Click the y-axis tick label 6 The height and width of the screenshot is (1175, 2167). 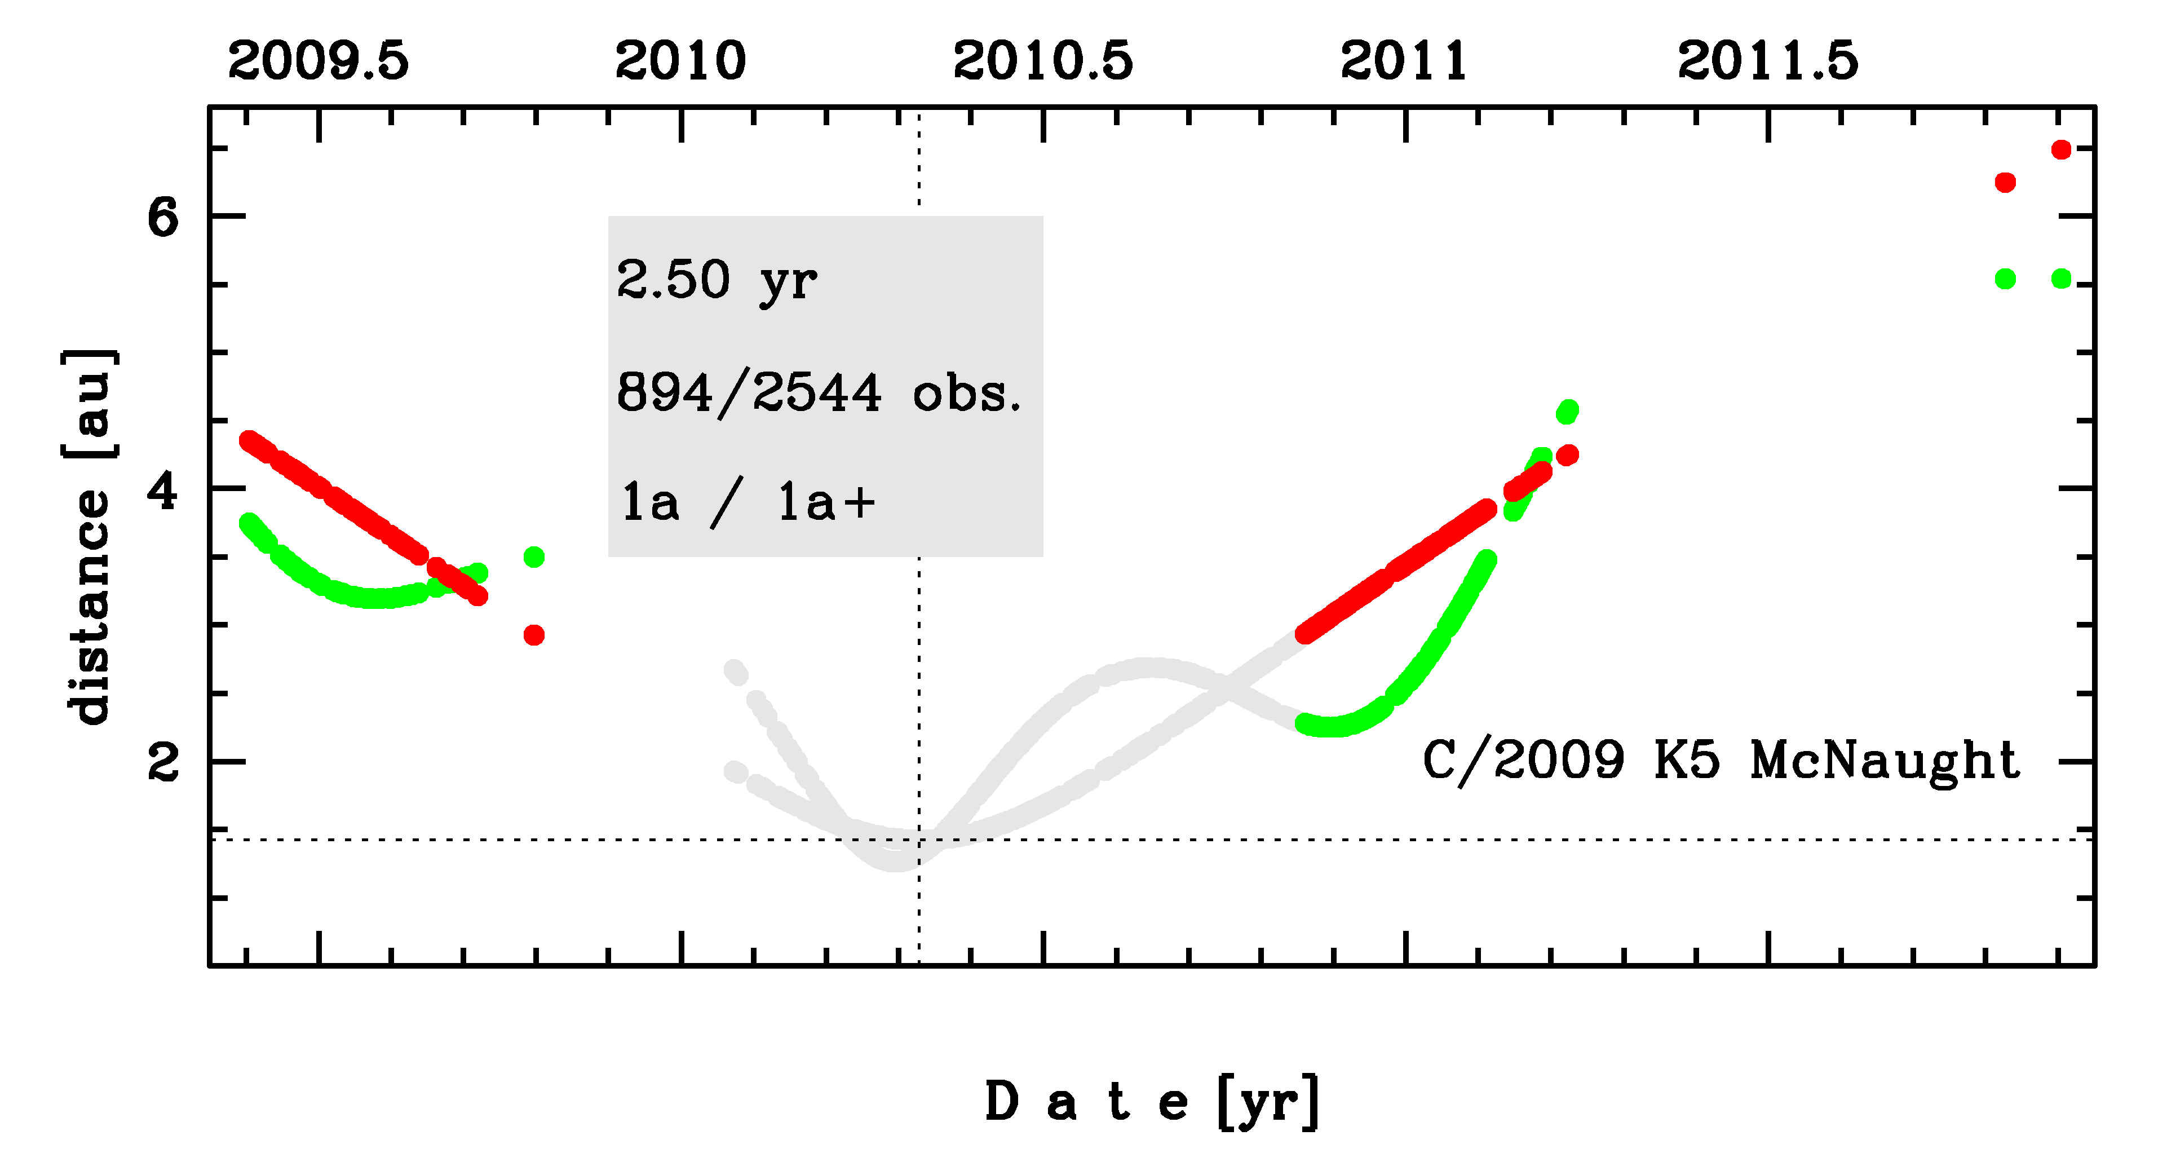(x=162, y=218)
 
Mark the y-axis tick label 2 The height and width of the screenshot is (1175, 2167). (x=162, y=763)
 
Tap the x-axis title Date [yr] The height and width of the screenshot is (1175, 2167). (x=1152, y=1102)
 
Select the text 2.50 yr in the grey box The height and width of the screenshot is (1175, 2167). (x=716, y=280)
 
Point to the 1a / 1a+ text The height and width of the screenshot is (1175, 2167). (x=748, y=503)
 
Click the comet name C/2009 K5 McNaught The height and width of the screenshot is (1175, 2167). (x=1721, y=761)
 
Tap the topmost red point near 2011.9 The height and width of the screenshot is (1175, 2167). (x=2061, y=150)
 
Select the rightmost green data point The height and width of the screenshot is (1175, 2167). (x=2061, y=279)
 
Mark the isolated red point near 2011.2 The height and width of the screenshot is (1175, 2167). (x=1567, y=455)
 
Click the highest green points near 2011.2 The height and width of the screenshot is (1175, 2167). (x=1567, y=411)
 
